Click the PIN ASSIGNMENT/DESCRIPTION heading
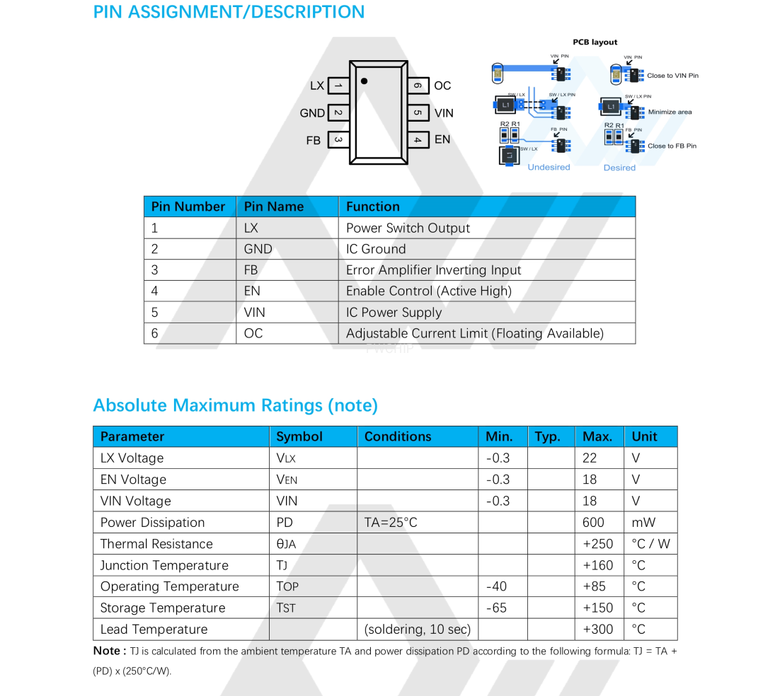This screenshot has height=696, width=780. tap(229, 12)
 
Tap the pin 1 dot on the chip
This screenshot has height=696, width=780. tap(364, 81)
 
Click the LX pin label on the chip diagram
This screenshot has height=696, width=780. tap(317, 86)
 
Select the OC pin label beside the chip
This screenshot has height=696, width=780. tap(442, 86)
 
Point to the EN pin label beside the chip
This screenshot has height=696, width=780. tap(442, 139)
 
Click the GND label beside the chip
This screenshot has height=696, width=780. tap(312, 113)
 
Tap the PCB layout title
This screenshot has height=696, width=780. tap(595, 42)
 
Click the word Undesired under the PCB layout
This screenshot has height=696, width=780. tap(549, 168)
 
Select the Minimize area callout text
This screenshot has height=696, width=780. tap(670, 112)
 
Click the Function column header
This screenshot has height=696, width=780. tap(373, 207)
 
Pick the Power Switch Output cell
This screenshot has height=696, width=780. tap(408, 228)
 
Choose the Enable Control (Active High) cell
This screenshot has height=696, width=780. tap(428, 291)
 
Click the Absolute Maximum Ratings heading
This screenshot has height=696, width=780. tap(235, 405)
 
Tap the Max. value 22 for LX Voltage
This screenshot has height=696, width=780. tap(590, 458)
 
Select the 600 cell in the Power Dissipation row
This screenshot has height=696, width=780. tap(593, 522)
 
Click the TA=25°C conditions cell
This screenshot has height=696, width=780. tap(391, 522)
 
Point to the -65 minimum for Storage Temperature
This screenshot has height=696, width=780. tap(496, 608)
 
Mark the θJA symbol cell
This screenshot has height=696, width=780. tap(286, 544)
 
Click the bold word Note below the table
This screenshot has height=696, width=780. tap(108, 651)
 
